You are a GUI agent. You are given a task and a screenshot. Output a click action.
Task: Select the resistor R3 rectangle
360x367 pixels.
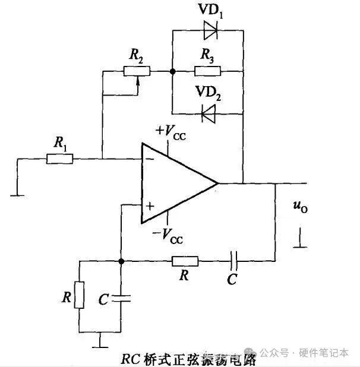point(207,71)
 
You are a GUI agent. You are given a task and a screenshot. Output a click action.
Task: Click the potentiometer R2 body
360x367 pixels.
point(137,71)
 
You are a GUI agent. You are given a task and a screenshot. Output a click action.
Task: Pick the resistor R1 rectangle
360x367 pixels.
point(60,159)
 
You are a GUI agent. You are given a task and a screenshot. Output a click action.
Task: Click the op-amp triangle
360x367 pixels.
point(175,183)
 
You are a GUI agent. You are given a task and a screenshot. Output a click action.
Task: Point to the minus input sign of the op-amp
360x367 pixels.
point(149,159)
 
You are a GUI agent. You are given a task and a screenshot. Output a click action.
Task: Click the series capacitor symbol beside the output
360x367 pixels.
point(234,261)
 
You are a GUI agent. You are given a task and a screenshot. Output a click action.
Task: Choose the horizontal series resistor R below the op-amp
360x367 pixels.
point(185,261)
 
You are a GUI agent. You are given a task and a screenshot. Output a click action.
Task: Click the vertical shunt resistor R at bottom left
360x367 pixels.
point(80,295)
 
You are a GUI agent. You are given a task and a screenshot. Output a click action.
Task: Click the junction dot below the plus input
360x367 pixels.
point(121,261)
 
